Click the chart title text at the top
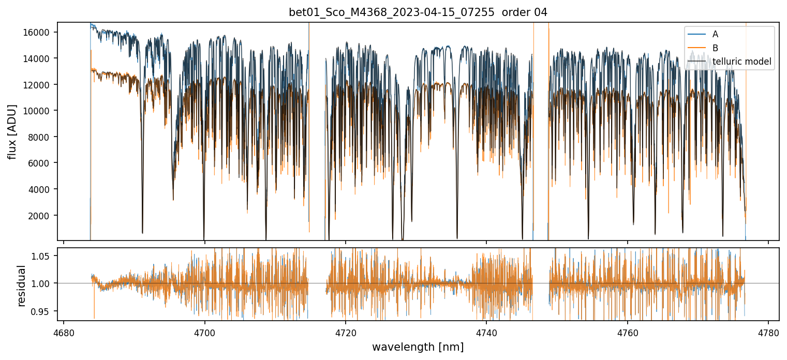[418, 12]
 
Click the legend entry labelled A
[715, 34]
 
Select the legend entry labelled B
[715, 48]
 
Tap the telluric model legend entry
[741, 62]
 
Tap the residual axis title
[21, 286]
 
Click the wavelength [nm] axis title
[418, 347]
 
